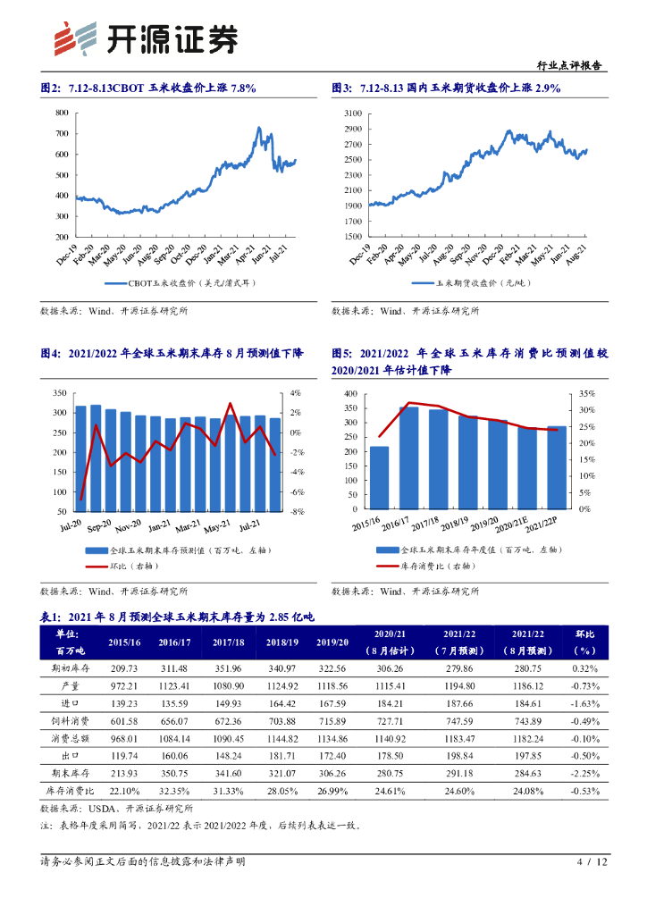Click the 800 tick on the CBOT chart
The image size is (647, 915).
point(61,113)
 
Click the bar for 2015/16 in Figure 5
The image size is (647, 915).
point(379,477)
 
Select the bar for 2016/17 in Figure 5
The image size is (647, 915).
point(409,457)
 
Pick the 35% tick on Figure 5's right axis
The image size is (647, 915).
point(586,393)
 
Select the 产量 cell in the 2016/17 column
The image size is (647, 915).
point(176,686)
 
